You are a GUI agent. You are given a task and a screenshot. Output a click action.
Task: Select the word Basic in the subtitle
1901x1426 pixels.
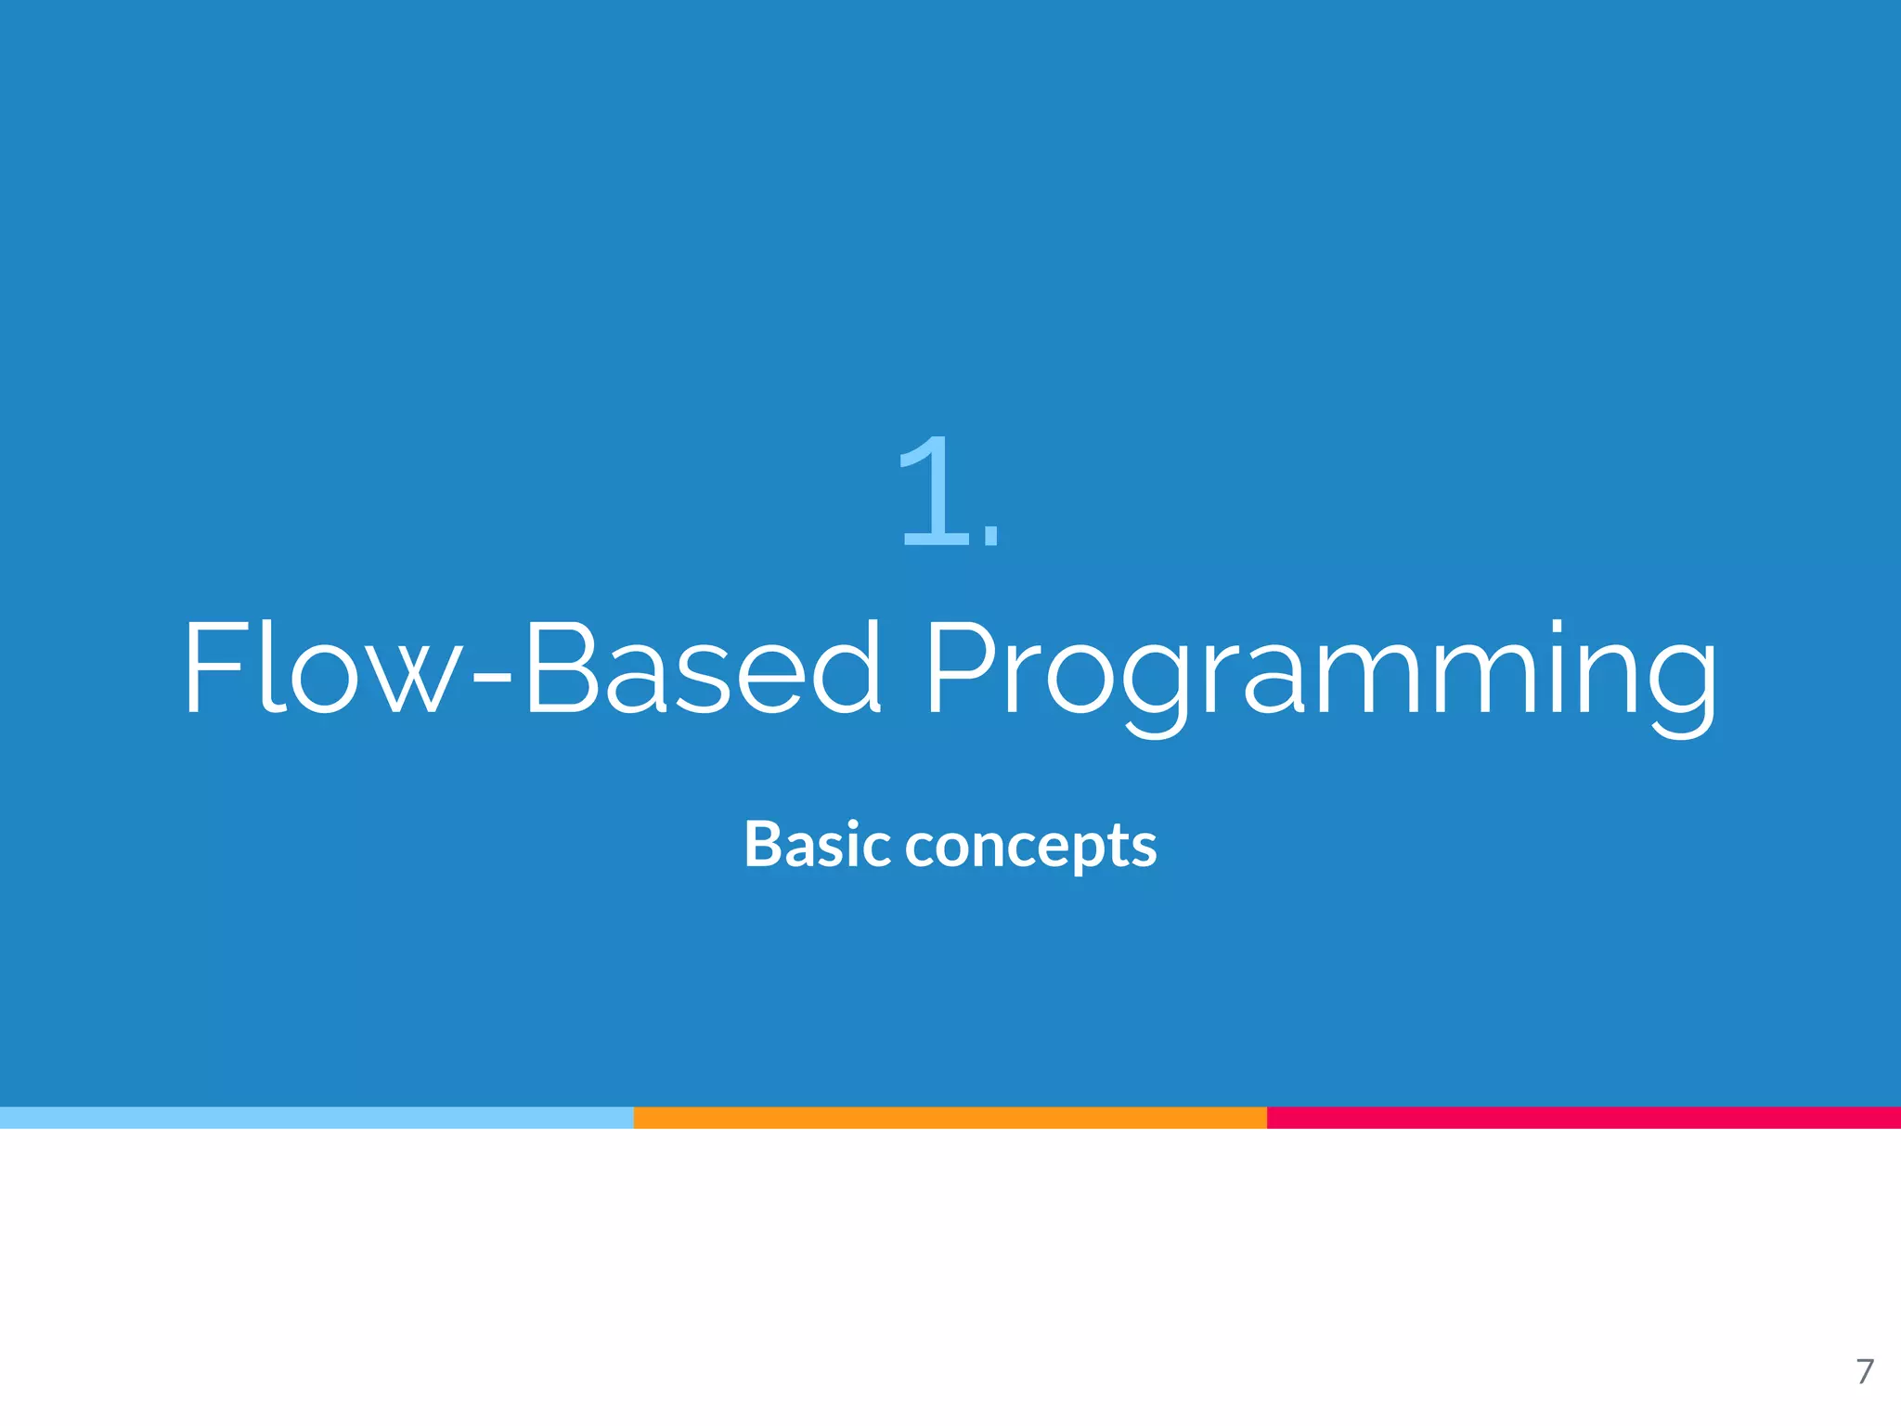point(817,845)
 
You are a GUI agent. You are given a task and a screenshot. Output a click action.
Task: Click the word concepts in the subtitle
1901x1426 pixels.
point(1030,847)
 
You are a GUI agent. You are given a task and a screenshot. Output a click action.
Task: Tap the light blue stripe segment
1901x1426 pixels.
point(316,1118)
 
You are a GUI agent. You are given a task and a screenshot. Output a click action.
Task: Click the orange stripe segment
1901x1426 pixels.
point(950,1118)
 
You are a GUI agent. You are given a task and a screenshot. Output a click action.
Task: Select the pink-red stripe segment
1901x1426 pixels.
point(1584,1118)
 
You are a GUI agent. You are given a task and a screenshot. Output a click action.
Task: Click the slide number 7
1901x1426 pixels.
point(1864,1371)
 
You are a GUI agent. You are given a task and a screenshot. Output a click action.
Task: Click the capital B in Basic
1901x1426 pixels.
point(763,845)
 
